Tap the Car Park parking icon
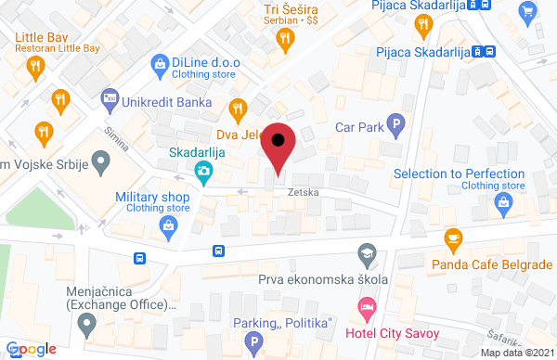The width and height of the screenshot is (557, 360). [396, 122]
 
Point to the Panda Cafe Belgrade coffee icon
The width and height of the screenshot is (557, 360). [453, 238]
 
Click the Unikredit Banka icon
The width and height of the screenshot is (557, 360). [110, 97]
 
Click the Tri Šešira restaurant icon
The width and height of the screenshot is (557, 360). [285, 38]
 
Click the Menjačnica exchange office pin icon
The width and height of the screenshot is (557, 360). [87, 326]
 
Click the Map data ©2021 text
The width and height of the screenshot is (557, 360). [517, 353]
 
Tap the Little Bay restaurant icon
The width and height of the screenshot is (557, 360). [35, 65]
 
